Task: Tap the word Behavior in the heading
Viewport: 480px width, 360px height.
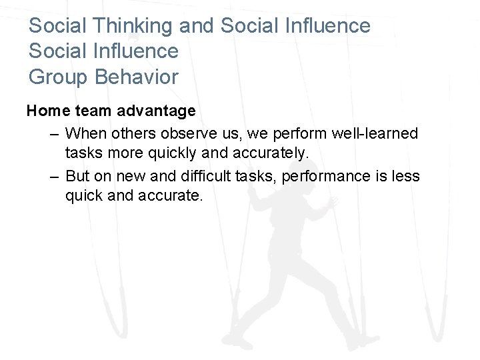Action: tap(137, 77)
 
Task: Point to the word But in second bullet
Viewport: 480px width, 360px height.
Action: tap(79, 175)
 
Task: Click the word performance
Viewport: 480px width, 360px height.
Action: tap(315, 175)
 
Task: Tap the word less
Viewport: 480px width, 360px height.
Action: tap(405, 175)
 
